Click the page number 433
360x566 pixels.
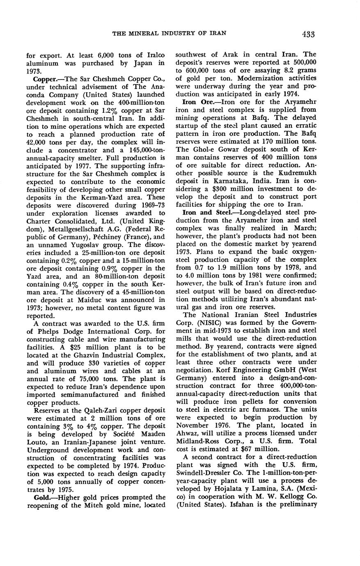click(x=307, y=34)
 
